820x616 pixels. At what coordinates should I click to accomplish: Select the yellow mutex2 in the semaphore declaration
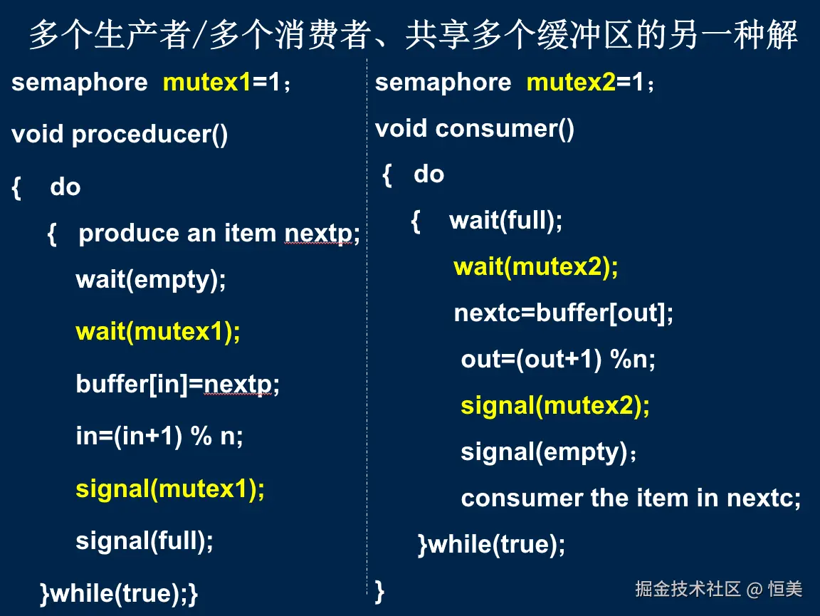click(x=571, y=82)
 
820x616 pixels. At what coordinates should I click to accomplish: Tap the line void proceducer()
click(x=120, y=135)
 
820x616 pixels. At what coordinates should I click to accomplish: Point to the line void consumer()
click(x=474, y=129)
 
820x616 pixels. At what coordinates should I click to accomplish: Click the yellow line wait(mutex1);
click(x=158, y=332)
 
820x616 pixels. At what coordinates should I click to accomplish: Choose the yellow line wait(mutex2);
click(x=536, y=267)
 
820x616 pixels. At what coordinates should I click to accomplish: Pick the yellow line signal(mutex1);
click(x=170, y=489)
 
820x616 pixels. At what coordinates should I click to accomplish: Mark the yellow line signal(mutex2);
click(x=555, y=406)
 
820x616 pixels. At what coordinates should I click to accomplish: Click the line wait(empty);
click(x=151, y=280)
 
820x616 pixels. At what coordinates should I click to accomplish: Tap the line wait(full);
click(x=505, y=220)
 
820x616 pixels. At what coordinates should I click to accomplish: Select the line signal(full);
click(x=144, y=541)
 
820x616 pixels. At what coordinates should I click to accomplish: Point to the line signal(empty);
click(x=548, y=452)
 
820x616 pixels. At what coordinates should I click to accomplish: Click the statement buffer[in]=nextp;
click(x=178, y=385)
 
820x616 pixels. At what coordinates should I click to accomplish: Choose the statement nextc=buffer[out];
click(x=563, y=313)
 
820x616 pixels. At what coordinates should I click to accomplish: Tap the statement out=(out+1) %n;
click(x=558, y=360)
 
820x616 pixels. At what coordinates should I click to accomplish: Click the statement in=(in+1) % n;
click(x=159, y=437)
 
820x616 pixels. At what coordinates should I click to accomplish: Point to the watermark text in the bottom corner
click(x=718, y=590)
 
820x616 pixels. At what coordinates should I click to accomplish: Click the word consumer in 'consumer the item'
click(x=522, y=498)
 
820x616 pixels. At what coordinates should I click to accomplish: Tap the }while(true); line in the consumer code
click(x=492, y=545)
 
